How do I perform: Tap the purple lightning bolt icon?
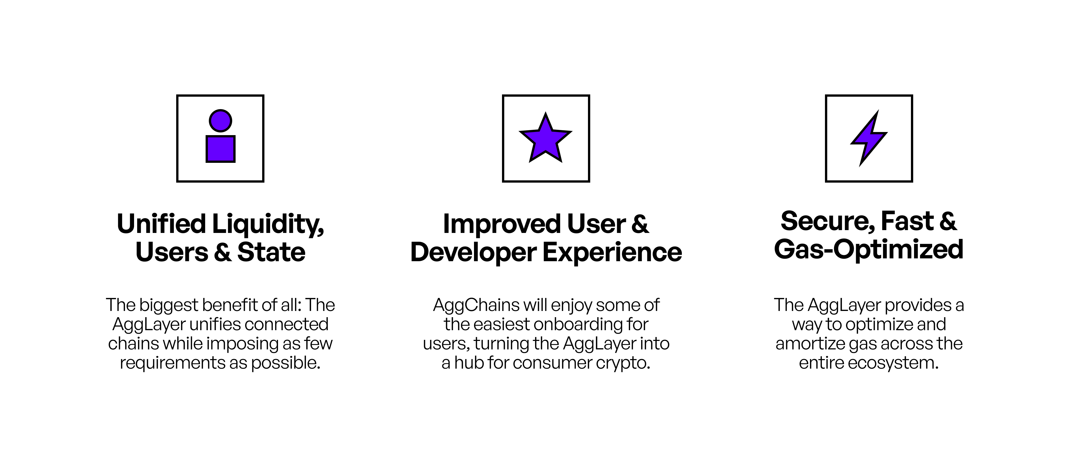pos(869,138)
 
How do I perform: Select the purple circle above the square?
pos(221,120)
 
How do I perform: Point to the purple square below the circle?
pos(221,149)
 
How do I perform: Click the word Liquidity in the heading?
pos(268,225)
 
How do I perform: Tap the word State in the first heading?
pos(271,252)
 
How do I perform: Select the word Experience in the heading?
pos(612,253)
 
